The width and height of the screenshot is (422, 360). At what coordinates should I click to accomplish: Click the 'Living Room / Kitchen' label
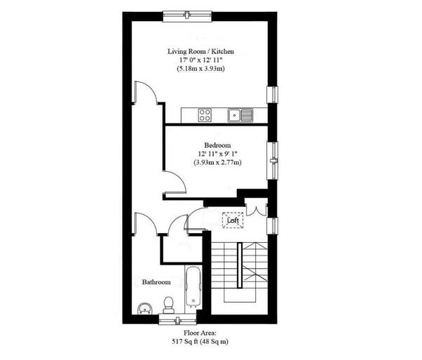(x=200, y=52)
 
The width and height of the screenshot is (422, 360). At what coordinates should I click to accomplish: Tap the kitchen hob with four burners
(x=205, y=114)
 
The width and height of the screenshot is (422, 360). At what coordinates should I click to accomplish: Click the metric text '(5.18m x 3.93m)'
(x=200, y=70)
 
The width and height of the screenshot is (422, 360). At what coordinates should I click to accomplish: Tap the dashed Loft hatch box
(x=233, y=220)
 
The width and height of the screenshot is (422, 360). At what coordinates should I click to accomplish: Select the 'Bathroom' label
(x=156, y=282)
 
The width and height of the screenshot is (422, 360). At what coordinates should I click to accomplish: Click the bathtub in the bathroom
(x=193, y=288)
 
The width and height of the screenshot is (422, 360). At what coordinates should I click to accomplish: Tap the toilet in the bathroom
(x=168, y=303)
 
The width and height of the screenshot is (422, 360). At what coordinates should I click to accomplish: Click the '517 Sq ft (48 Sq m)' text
(x=200, y=342)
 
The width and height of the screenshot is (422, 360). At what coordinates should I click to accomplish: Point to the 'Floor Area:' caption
(x=200, y=333)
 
